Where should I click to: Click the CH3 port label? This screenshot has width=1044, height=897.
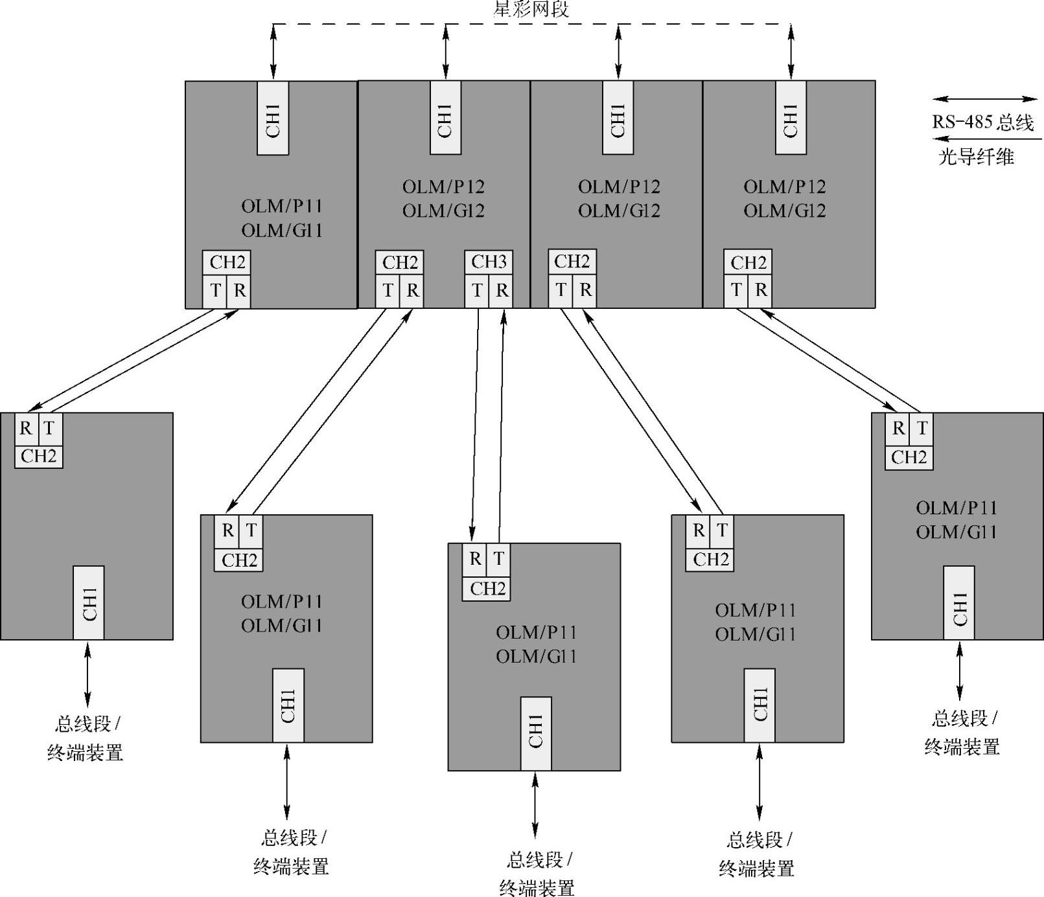[489, 262]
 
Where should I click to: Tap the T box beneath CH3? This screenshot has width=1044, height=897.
[477, 290]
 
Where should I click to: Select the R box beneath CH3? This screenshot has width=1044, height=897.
[502, 290]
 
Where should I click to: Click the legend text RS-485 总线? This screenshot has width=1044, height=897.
[982, 122]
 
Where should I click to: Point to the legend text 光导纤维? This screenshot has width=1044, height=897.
[976, 157]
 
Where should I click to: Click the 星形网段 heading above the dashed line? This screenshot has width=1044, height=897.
[531, 9]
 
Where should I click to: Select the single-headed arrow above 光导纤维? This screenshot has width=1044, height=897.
[988, 139]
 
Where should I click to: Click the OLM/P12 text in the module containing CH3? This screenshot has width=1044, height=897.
[443, 187]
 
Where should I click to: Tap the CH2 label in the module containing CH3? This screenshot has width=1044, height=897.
[400, 262]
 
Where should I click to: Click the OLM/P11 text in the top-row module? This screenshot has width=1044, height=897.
[282, 206]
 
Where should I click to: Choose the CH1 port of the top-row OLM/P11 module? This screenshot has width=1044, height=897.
[273, 118]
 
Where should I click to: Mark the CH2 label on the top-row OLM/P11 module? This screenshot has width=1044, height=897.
[227, 262]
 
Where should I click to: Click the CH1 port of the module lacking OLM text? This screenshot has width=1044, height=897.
[89, 602]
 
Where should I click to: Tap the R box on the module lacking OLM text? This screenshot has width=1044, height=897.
[26, 427]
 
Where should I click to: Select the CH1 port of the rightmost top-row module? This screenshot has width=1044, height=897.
[791, 118]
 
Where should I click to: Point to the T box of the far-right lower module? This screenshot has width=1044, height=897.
[922, 427]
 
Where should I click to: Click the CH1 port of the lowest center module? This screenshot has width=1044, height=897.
[536, 733]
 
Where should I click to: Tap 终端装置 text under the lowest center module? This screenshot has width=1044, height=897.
[537, 887]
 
